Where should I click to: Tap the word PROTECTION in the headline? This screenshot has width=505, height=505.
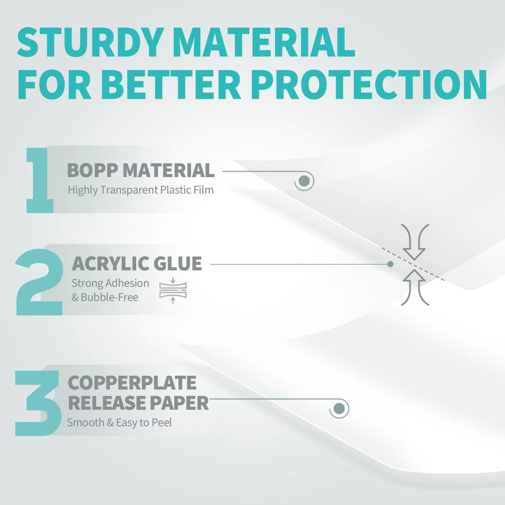[x=369, y=85]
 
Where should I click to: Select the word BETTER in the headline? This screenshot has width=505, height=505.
[x=171, y=85]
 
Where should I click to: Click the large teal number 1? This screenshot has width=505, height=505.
[x=40, y=180]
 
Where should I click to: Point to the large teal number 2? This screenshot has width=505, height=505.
[x=39, y=282]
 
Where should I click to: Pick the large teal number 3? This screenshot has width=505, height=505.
[x=38, y=403]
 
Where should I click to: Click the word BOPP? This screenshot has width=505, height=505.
[x=92, y=170]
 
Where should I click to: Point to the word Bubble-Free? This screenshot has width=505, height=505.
[x=109, y=297]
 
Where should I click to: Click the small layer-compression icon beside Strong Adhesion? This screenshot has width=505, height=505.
[x=173, y=290]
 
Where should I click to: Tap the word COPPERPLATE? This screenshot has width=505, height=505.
[x=132, y=383]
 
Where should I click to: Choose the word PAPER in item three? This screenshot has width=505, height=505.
[x=179, y=403]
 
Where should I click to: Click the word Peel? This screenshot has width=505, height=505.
[x=162, y=422]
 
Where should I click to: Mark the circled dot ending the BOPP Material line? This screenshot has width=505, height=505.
[x=304, y=181]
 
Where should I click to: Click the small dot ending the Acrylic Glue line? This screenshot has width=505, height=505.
[x=390, y=264]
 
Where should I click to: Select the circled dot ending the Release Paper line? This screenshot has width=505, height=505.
[x=339, y=409]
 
